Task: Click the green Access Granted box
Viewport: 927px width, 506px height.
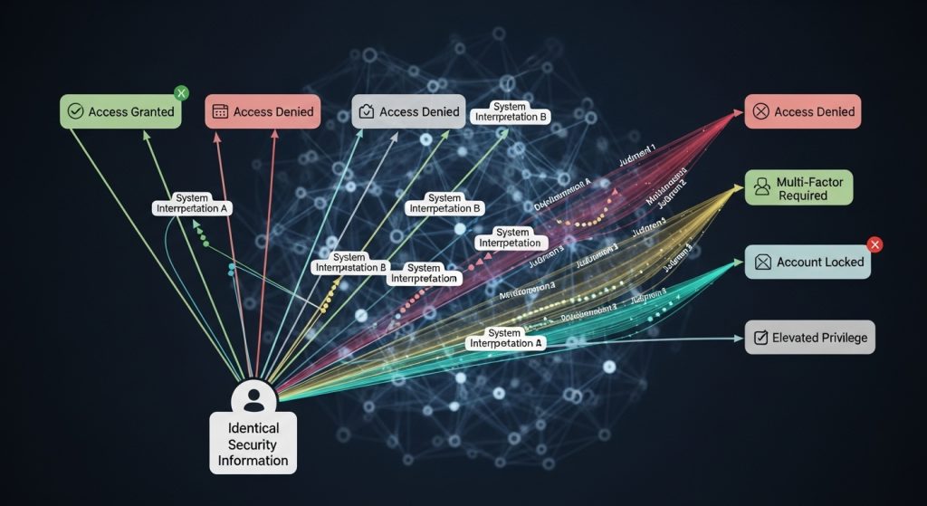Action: pyautogui.click(x=121, y=111)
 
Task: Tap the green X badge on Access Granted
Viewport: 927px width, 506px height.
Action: pyautogui.click(x=181, y=93)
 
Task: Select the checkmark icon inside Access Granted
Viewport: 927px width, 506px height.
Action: pyautogui.click(x=75, y=112)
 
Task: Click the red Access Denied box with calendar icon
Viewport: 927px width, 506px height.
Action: pyautogui.click(x=263, y=111)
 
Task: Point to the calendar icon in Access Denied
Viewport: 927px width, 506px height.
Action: pyautogui.click(x=219, y=112)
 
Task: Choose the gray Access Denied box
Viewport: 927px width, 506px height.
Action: pyautogui.click(x=408, y=111)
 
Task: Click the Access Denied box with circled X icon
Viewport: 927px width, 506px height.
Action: pyautogui.click(x=802, y=111)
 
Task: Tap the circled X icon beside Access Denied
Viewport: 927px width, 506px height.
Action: pyautogui.click(x=760, y=112)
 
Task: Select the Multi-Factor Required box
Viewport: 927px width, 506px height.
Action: pyautogui.click(x=798, y=188)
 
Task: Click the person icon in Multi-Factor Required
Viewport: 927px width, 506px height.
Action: pyautogui.click(x=761, y=188)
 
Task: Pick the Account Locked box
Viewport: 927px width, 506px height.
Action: pyautogui.click(x=808, y=262)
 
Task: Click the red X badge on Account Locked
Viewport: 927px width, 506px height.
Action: pyautogui.click(x=874, y=244)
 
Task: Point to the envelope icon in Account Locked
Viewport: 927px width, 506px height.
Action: pyautogui.click(x=762, y=263)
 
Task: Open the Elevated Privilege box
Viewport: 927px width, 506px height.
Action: pyautogui.click(x=809, y=338)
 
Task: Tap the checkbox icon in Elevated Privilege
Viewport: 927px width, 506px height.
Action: pyautogui.click(x=760, y=339)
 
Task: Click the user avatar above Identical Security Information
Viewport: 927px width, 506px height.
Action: pyautogui.click(x=254, y=398)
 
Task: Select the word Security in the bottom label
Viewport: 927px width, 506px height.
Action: pyautogui.click(x=253, y=444)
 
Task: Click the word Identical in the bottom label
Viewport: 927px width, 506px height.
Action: pyautogui.click(x=253, y=428)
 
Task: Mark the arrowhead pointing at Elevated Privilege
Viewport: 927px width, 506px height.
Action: pyautogui.click(x=738, y=339)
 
